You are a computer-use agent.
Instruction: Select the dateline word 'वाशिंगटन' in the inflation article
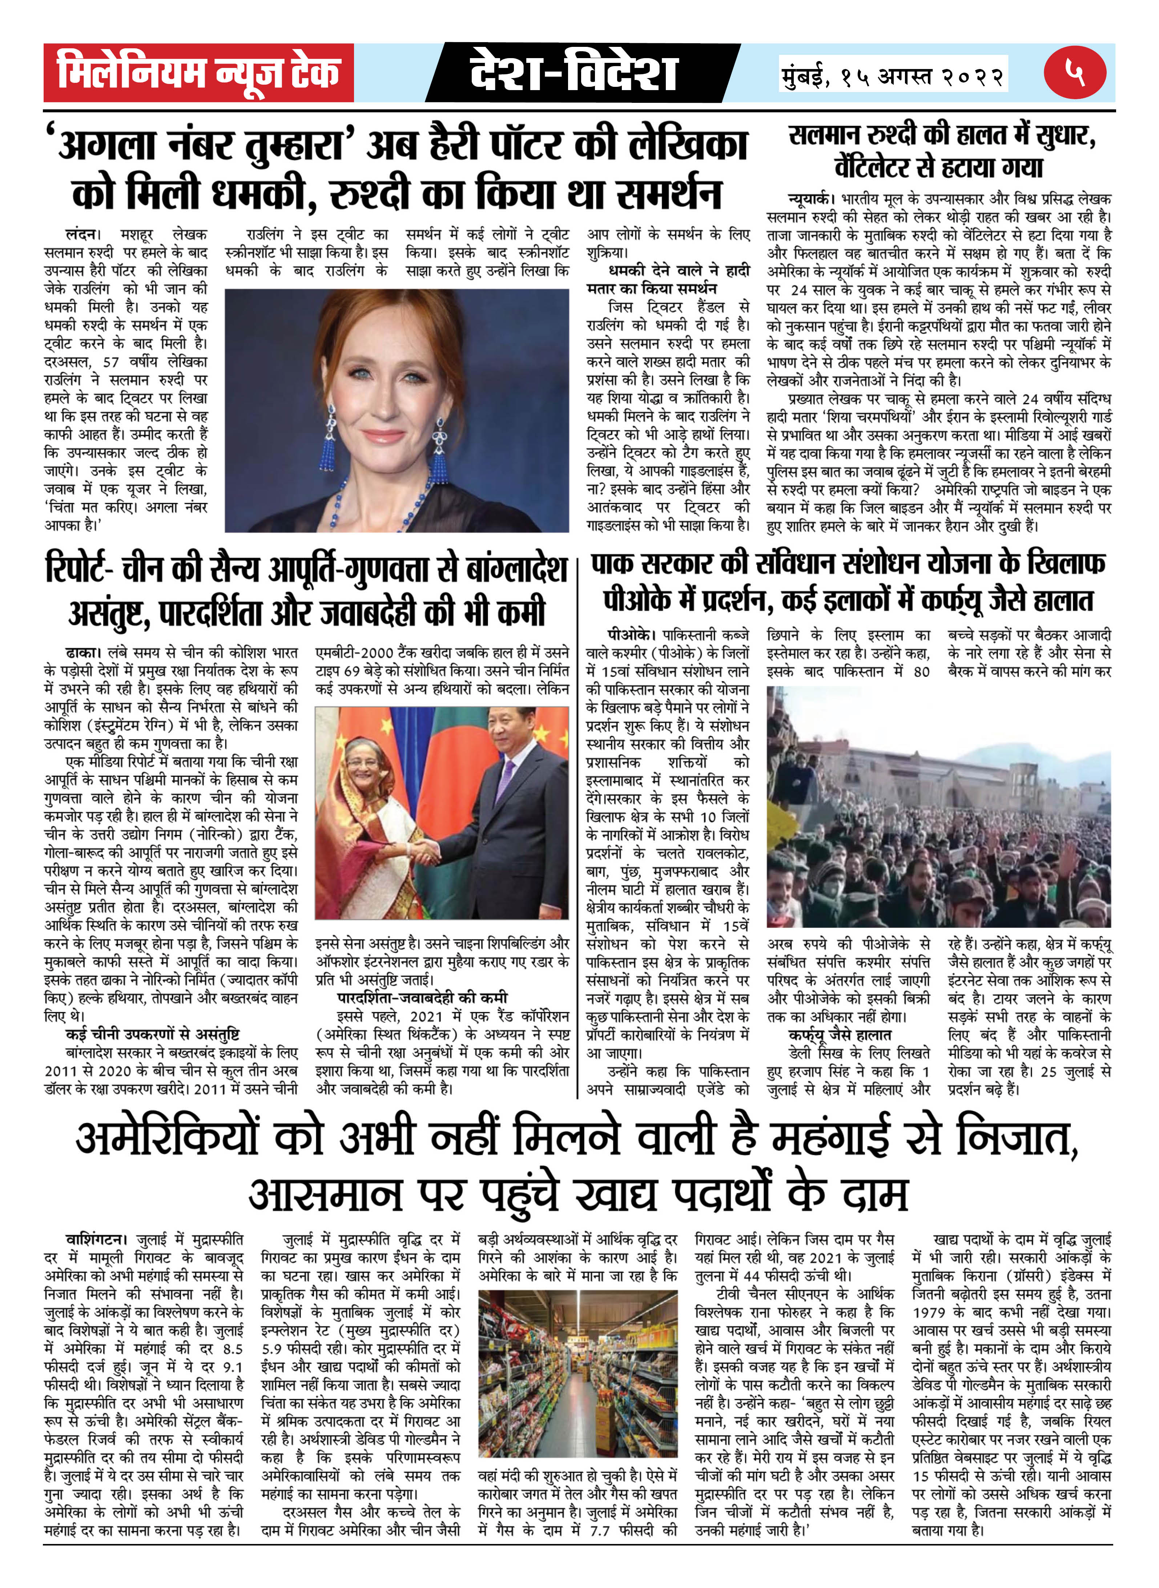point(96,1239)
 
